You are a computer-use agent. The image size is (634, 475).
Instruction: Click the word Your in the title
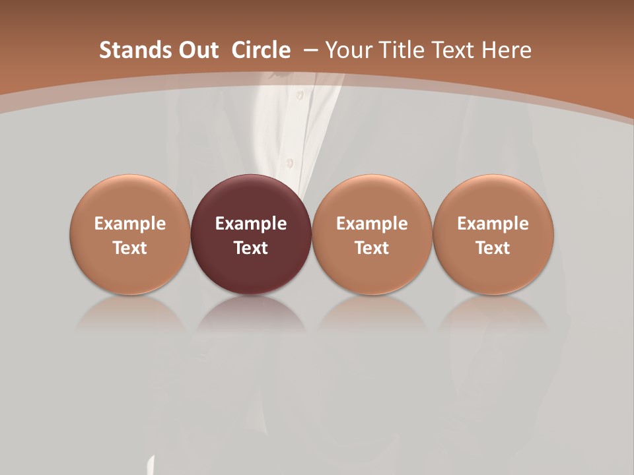pos(347,50)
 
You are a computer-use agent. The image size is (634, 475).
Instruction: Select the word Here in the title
pos(507,50)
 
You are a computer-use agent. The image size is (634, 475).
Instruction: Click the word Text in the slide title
pos(452,50)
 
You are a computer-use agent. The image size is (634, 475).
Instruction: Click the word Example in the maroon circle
pos(251,224)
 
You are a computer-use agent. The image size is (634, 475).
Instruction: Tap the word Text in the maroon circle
pos(251,248)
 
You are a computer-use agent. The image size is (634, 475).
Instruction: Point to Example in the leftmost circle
pos(130,224)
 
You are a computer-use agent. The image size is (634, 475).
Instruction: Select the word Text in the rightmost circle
pos(493,248)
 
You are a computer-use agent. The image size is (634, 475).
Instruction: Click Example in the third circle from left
pos(372,224)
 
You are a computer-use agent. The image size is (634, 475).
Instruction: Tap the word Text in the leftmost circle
pos(130,248)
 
